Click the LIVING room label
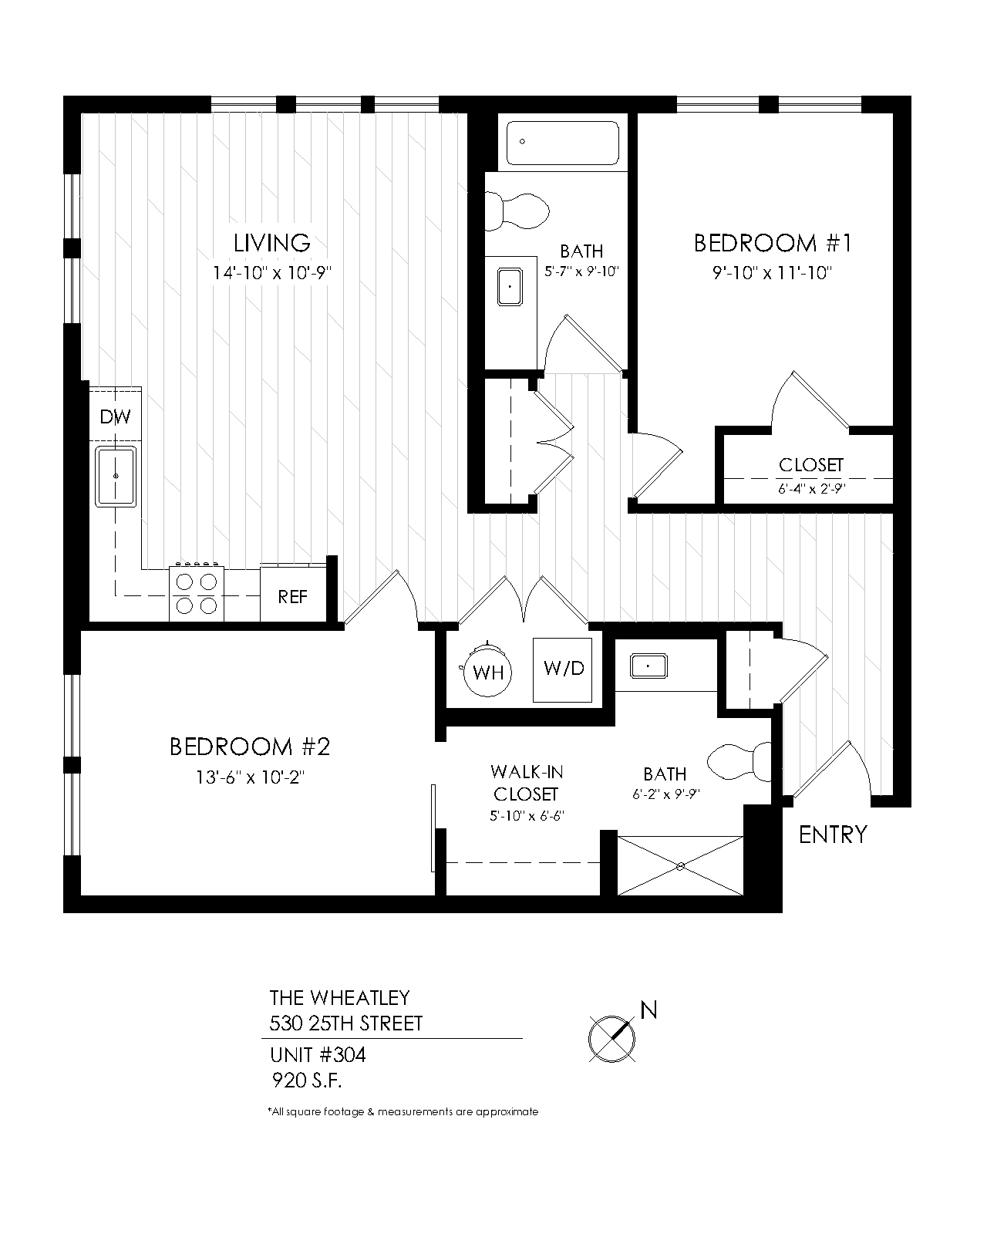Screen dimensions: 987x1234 coord(272,243)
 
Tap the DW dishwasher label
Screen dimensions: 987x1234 coord(115,417)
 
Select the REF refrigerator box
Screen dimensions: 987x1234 coord(293,594)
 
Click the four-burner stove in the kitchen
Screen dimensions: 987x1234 coord(196,594)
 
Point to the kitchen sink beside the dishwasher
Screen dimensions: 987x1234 coord(116,477)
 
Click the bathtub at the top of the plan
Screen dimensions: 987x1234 coord(563,142)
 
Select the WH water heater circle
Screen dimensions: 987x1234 coord(487,672)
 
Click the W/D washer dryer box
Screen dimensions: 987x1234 coord(563,669)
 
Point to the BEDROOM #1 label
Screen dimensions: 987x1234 coord(773,243)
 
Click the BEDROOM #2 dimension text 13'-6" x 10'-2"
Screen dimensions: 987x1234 coord(250,777)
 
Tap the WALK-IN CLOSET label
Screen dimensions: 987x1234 coord(527,783)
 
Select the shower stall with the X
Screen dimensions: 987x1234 coord(680,866)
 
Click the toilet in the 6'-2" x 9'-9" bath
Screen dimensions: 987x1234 coord(739,761)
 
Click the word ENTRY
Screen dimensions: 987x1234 coord(833,835)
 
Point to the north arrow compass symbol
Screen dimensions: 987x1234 coord(612,1038)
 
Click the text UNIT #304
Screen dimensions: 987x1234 coord(318,1055)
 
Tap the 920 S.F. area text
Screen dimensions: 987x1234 coord(307,1081)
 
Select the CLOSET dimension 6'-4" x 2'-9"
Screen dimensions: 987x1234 coord(811,488)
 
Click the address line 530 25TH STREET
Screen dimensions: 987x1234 coord(345,1023)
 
